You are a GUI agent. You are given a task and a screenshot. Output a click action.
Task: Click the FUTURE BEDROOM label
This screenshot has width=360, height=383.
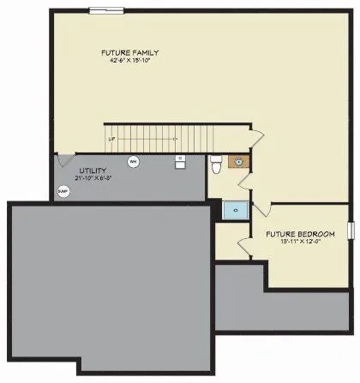(294, 233)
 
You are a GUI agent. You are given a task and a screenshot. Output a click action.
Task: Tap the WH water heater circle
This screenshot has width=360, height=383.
(133, 161)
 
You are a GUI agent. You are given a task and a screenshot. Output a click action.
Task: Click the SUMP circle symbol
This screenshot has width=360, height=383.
(63, 192)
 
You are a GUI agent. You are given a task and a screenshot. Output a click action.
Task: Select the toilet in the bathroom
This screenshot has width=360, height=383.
(216, 163)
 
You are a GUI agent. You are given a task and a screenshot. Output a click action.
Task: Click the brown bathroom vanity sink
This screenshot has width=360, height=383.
(236, 160)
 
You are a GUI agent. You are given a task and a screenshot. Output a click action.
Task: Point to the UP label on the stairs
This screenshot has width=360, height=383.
(111, 139)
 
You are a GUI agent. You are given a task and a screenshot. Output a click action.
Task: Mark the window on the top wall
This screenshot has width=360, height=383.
(106, 10)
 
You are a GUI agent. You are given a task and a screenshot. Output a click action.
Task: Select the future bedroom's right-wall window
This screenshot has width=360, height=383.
(350, 230)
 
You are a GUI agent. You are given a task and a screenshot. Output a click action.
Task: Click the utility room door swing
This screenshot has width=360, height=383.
(65, 159)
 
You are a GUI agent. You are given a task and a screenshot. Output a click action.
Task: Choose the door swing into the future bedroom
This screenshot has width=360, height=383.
(261, 211)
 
